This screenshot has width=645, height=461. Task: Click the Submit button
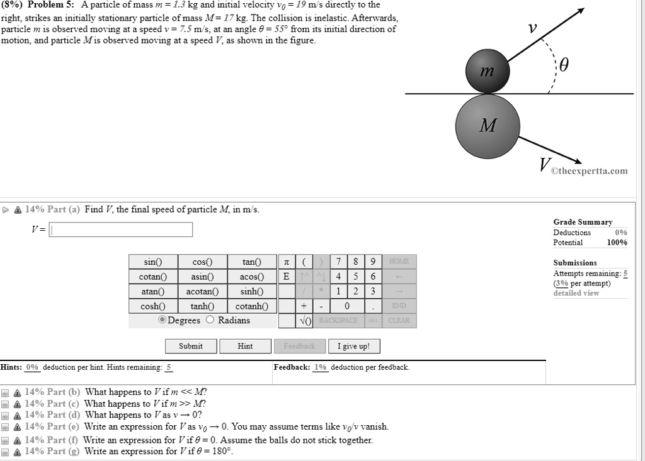pos(191,346)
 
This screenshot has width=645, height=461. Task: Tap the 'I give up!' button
pos(354,346)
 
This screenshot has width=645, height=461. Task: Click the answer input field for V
pos(121,230)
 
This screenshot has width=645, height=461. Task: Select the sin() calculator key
pos(153,262)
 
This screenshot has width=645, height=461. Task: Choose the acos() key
pos(251,277)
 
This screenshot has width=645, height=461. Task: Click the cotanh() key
pos(251,306)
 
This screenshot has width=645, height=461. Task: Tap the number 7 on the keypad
pos(339,262)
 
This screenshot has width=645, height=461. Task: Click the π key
pos(287,262)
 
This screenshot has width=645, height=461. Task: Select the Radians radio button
pos(211,320)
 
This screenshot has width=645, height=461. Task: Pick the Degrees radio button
pos(163,320)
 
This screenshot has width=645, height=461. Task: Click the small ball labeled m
pos(486,72)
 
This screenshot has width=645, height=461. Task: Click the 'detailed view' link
pos(576,293)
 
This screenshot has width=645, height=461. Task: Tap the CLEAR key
pos(399,321)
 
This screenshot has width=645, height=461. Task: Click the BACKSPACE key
pos(338,321)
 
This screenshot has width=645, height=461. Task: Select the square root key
pos(304,321)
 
